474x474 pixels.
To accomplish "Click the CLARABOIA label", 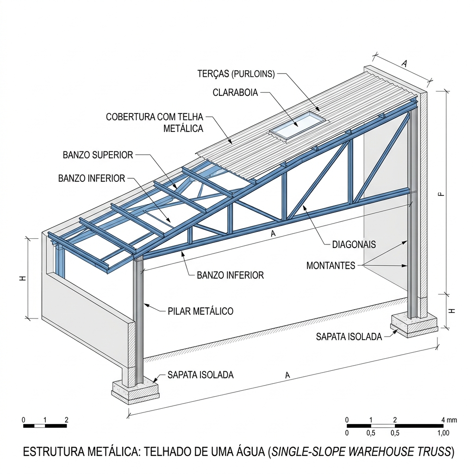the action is [235, 93].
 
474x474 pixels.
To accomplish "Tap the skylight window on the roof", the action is [299, 124].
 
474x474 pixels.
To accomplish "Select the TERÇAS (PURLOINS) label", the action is [236, 74].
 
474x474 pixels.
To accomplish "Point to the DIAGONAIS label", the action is [354, 244].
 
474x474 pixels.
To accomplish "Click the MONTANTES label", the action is [331, 265].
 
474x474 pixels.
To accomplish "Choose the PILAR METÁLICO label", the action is [200, 311].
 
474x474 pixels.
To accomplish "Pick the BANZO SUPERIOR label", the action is [98, 155].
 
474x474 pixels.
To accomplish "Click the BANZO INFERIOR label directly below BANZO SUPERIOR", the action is [92, 178].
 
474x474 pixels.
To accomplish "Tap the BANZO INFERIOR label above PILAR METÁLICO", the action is [231, 275].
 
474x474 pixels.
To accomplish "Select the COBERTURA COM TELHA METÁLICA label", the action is [155, 122].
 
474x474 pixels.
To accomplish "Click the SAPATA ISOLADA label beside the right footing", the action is [349, 337].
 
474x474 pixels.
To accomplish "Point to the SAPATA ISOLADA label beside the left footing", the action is [201, 375].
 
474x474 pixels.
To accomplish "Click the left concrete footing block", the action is [135, 392].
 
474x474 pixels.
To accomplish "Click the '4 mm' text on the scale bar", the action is [449, 420].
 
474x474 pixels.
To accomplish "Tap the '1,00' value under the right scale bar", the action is [443, 433].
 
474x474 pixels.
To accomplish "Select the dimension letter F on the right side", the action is [442, 194].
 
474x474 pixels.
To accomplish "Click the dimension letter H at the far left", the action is [23, 278].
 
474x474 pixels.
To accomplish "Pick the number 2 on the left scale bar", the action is [67, 420].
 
